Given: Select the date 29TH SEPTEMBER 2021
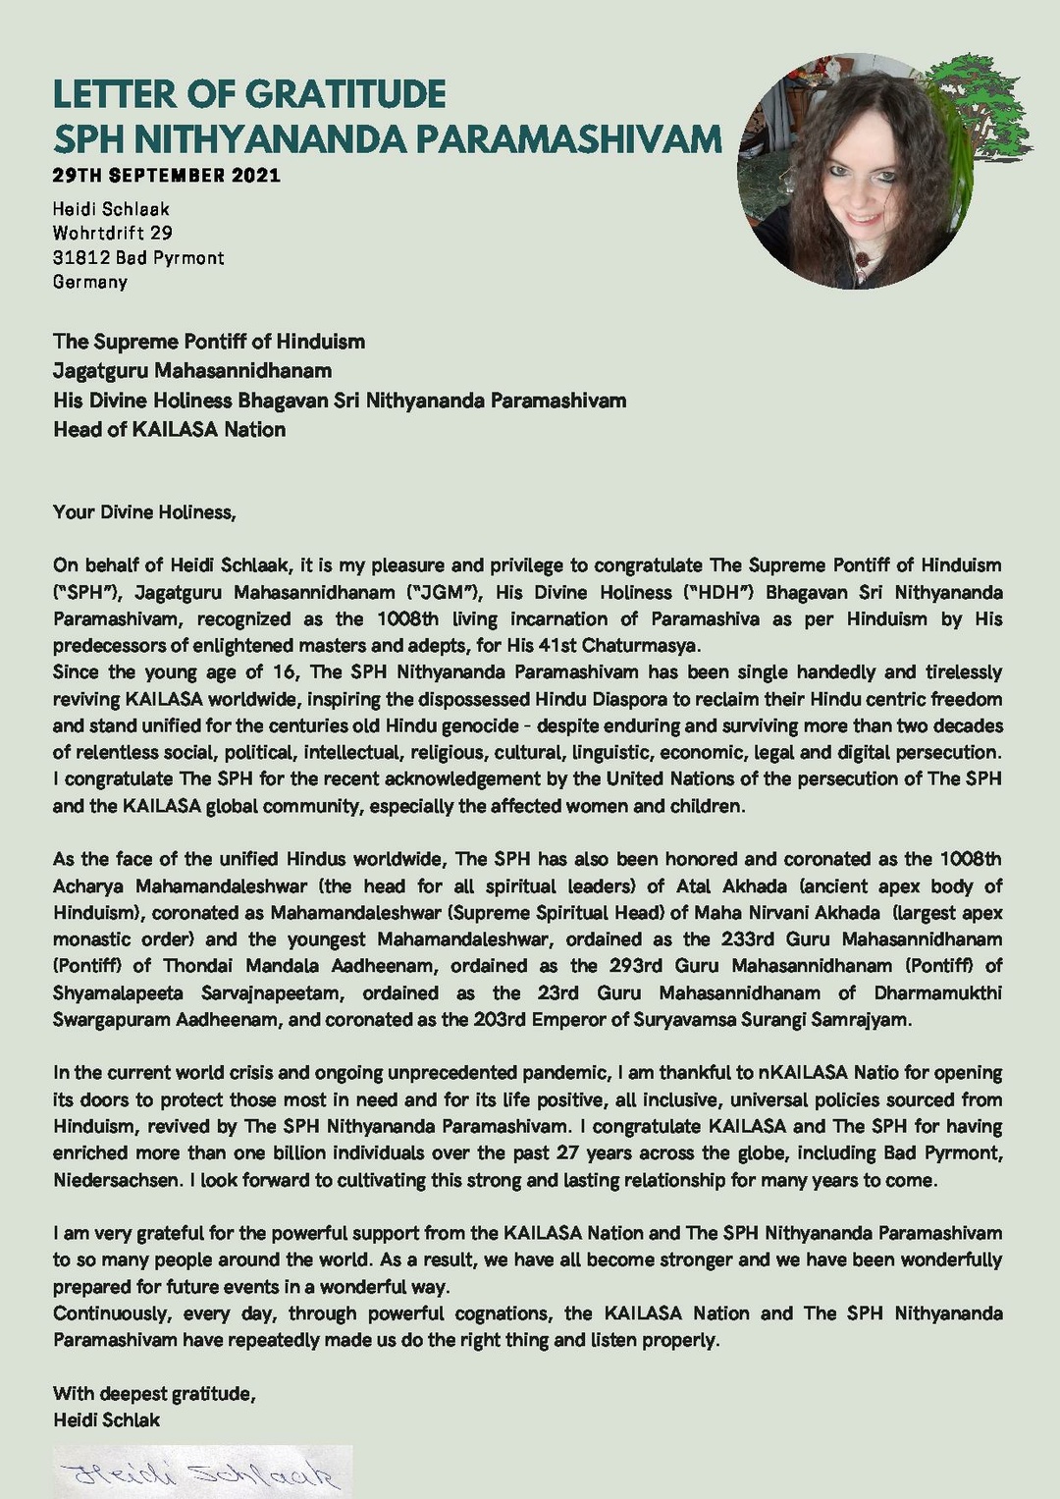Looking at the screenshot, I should click(167, 176).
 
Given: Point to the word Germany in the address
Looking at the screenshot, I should click(90, 282).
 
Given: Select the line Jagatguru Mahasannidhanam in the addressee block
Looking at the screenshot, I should click(192, 370).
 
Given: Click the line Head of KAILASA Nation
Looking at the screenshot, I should click(169, 429).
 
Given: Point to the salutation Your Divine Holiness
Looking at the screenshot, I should click(144, 511).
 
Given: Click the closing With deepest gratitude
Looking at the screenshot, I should click(154, 1394).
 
